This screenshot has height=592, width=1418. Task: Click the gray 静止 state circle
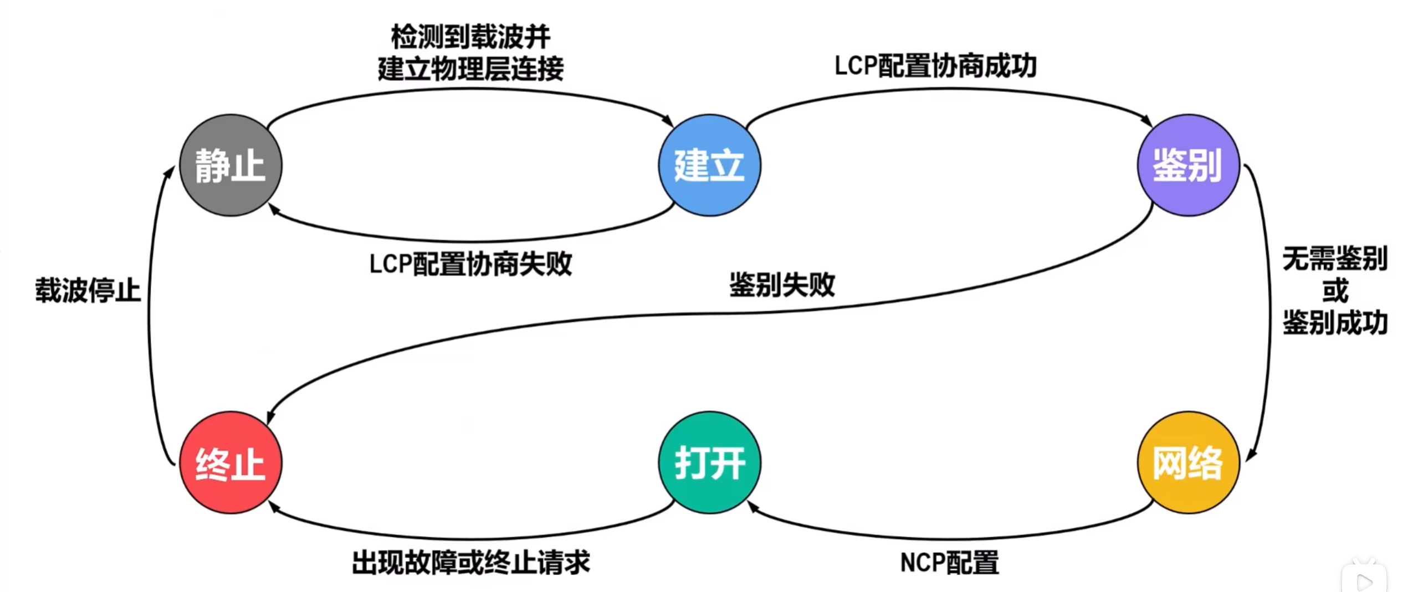point(231,165)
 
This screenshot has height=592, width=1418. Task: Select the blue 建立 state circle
point(709,165)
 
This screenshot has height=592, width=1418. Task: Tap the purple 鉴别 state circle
point(1188,165)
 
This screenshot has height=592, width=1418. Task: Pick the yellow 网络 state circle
point(1188,462)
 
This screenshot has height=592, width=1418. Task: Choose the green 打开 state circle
point(709,462)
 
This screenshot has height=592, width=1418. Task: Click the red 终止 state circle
point(231,462)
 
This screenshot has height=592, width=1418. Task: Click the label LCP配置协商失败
point(470,264)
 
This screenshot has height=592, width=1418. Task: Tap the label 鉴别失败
point(782,285)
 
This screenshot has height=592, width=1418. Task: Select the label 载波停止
point(88,290)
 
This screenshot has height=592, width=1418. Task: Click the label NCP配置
point(949,563)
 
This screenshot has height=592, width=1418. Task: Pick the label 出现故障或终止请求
point(470,563)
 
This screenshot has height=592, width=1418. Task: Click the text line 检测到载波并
point(470,37)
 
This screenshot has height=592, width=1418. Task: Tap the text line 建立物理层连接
point(470,69)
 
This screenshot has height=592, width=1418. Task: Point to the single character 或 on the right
point(1335,291)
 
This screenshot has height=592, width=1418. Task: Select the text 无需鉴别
point(1335,259)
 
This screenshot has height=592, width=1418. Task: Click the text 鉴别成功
point(1335,323)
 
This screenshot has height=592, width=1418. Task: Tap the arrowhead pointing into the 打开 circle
point(752,506)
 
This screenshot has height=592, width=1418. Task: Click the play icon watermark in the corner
point(1364,581)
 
